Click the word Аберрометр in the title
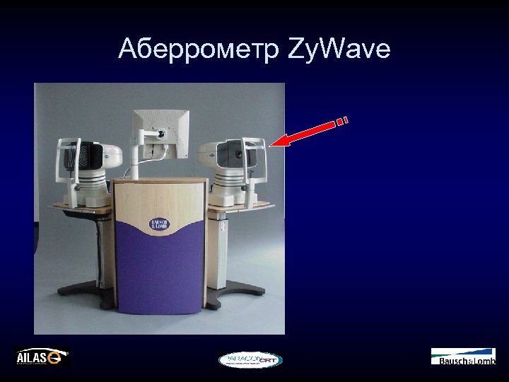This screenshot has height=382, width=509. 199,50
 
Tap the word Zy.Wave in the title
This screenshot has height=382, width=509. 339,50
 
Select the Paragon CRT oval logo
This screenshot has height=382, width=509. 250,359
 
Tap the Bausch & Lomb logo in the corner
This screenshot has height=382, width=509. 463,357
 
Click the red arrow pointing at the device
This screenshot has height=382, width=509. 308,133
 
